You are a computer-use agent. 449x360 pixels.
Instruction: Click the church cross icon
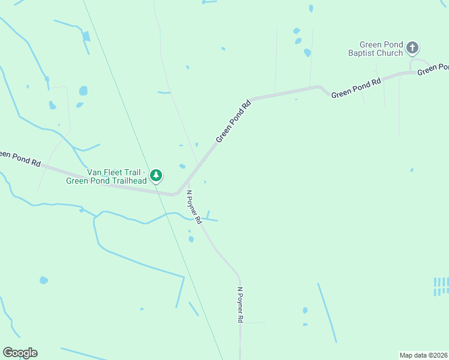[412, 47]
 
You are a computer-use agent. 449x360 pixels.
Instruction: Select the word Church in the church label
[390, 53]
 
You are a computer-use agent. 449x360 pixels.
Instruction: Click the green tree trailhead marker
[157, 175]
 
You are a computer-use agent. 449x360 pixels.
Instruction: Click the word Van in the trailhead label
[96, 172]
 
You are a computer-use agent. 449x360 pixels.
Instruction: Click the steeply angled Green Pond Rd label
[233, 122]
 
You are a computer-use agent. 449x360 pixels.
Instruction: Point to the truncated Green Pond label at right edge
[433, 69]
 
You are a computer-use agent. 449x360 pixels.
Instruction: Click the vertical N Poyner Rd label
[240, 305]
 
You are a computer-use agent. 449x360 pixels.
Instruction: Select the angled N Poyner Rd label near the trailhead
[194, 208]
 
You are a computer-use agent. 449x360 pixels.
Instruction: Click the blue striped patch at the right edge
[441, 286]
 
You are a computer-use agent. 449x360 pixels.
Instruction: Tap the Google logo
[20, 353]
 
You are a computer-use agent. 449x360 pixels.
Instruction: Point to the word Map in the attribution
[408, 355]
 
